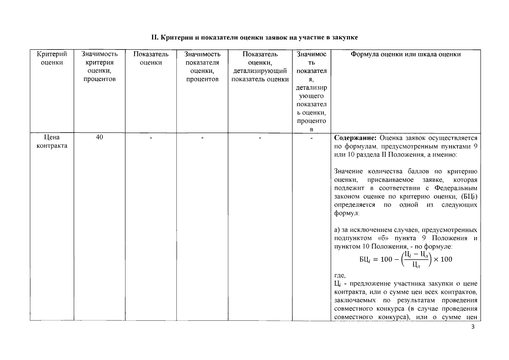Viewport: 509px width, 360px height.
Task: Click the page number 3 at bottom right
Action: (x=473, y=327)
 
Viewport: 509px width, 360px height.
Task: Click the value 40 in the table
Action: (x=99, y=137)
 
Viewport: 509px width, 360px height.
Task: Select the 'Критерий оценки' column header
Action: (x=52, y=58)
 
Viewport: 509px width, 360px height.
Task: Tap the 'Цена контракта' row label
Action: (x=52, y=141)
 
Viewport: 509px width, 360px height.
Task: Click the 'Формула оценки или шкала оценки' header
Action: (x=406, y=54)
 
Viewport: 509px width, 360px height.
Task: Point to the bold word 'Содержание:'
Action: (x=355, y=138)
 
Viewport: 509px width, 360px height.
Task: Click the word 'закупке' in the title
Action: (x=346, y=37)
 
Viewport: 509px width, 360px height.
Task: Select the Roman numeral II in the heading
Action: (x=154, y=37)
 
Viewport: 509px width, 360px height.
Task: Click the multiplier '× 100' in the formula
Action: (x=443, y=259)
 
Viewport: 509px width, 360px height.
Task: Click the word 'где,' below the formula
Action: (x=340, y=275)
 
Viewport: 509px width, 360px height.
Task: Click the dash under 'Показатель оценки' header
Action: (x=151, y=137)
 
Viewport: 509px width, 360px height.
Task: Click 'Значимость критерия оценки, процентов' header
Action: (x=99, y=67)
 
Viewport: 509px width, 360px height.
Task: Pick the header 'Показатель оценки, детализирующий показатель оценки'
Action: (x=260, y=67)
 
